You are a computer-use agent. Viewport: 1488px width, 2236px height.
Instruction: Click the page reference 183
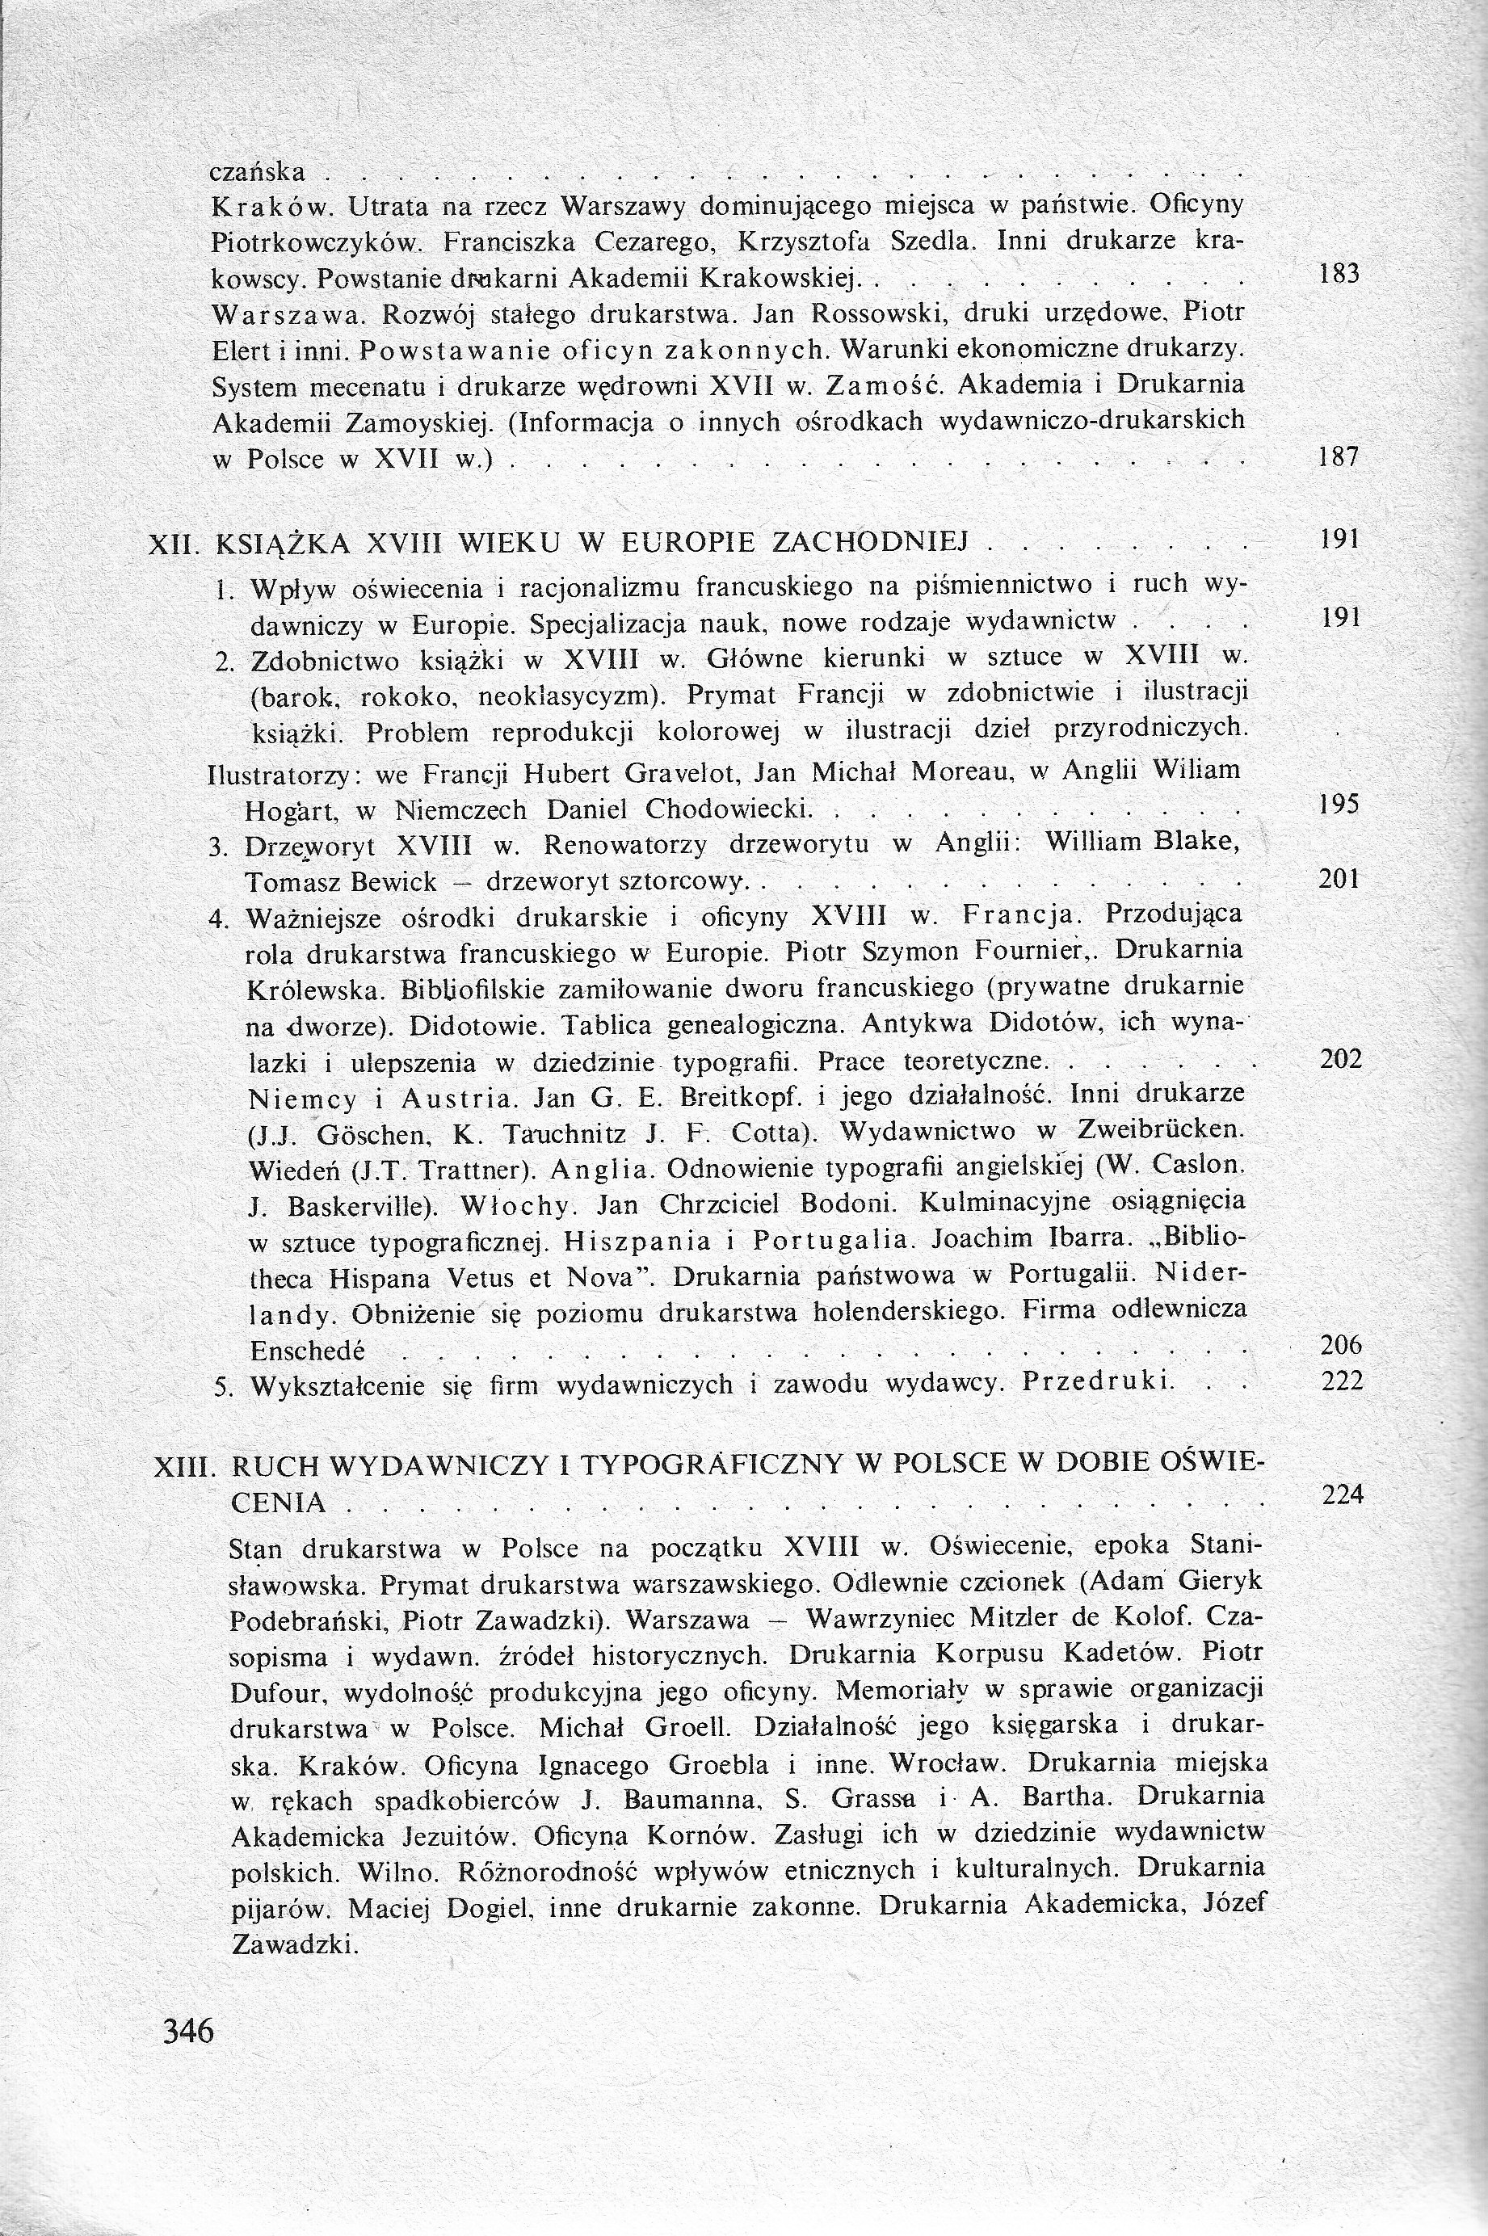[1340, 274]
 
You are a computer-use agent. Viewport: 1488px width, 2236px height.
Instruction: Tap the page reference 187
[1340, 457]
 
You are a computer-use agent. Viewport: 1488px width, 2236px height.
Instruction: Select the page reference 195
[1340, 805]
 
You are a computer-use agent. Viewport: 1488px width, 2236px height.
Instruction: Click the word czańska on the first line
[257, 172]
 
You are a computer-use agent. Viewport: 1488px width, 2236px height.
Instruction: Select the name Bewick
[397, 882]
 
